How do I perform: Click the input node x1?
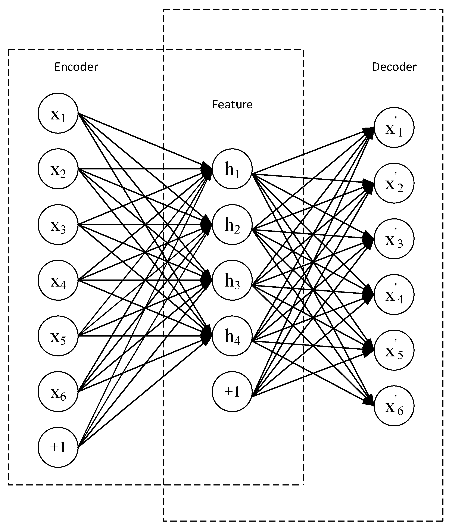point(58,113)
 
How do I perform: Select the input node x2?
point(58,169)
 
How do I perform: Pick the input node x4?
point(58,280)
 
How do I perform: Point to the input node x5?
point(58,336)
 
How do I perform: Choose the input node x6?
point(58,392)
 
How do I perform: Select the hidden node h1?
point(232,169)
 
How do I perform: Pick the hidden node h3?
point(232,280)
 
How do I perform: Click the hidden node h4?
point(232,336)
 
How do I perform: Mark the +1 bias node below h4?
point(232,392)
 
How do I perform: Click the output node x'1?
point(394,127)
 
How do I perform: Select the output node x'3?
point(394,239)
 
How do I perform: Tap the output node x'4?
point(394,294)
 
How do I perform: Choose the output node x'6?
point(394,406)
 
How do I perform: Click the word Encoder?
point(76,67)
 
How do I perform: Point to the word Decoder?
point(394,67)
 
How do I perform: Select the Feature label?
point(232,104)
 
